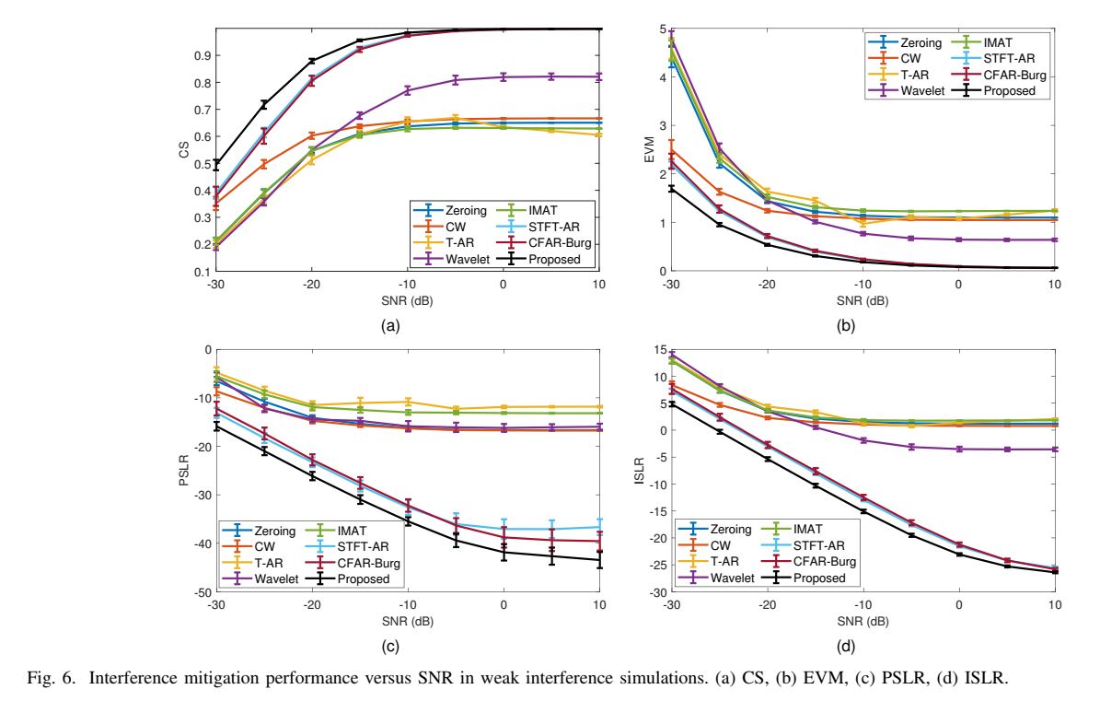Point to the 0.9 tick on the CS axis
point(200,55)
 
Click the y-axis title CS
point(182,150)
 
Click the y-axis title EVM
point(646,150)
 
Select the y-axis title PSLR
point(182,471)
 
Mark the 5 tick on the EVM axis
point(663,29)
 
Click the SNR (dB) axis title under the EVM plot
point(863,301)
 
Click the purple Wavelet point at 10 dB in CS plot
point(599,76)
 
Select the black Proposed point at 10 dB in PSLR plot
point(599,560)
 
